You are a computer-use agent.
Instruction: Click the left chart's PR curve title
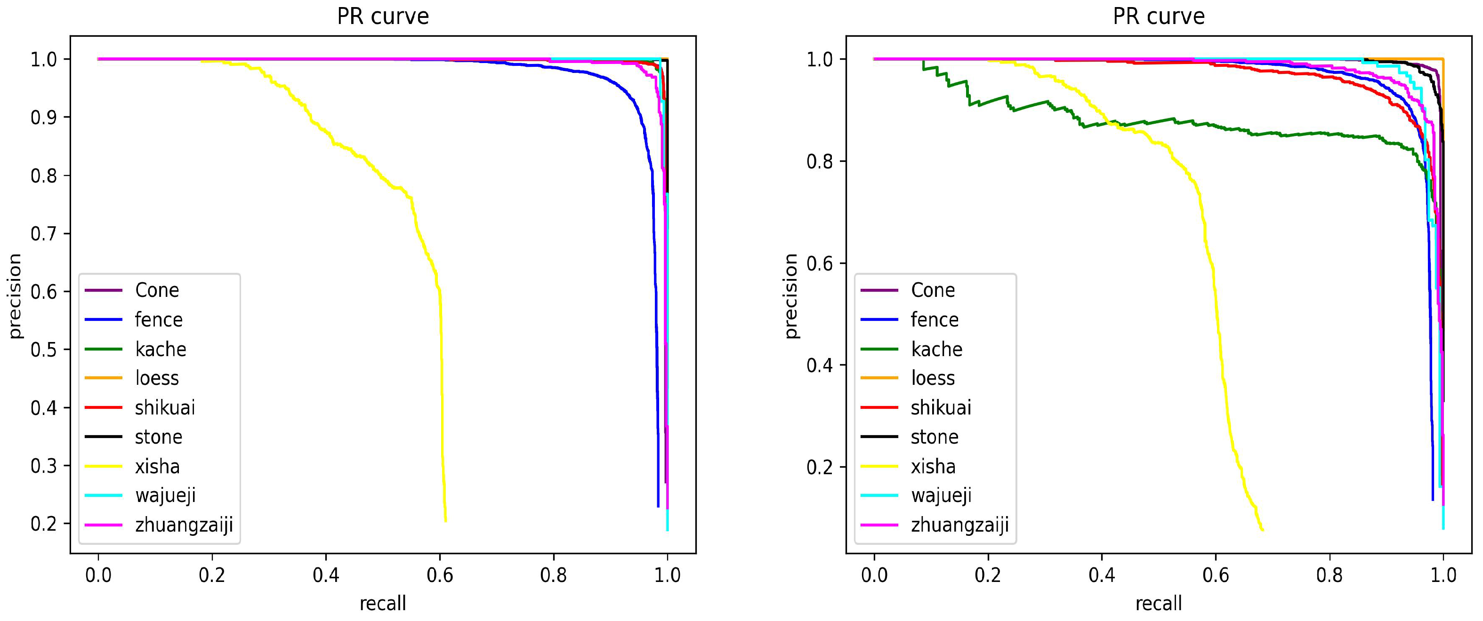point(383,16)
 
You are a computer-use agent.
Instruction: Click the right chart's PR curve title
point(1158,16)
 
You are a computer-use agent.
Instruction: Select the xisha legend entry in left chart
point(157,466)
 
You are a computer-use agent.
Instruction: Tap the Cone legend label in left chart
point(157,290)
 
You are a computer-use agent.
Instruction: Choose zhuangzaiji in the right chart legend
point(959,525)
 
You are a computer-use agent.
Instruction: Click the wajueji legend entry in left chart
point(165,495)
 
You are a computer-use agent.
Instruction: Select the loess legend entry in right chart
point(933,378)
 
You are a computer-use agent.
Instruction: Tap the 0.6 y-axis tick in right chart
point(819,263)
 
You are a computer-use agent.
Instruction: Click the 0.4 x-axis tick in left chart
point(326,575)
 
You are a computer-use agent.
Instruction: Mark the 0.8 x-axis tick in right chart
point(1330,575)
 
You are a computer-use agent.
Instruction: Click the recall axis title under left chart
point(383,603)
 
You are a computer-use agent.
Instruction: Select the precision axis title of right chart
point(791,296)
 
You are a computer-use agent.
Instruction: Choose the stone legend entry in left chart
point(158,438)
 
